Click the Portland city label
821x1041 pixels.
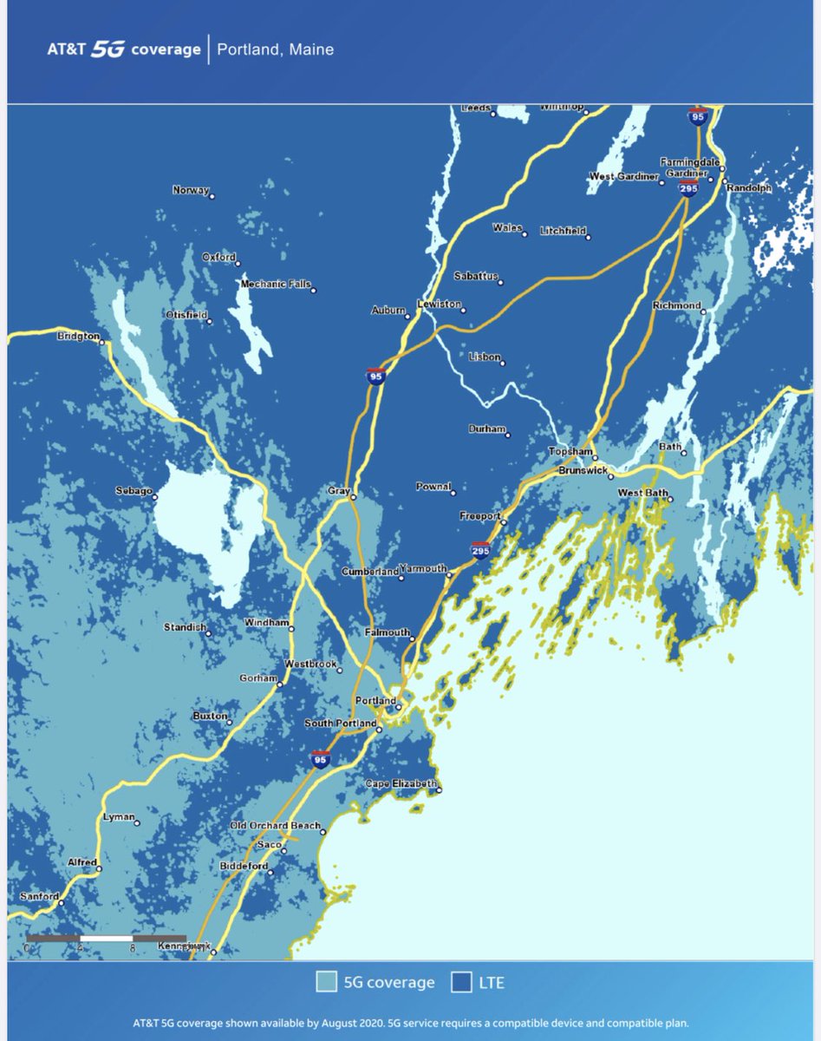[x=375, y=700]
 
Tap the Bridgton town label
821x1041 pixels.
[x=78, y=336]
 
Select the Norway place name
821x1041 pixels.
[x=191, y=190]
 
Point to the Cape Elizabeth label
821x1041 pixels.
[x=400, y=783]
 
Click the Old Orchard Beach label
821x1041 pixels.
[x=274, y=825]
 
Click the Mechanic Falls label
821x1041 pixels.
[x=275, y=285]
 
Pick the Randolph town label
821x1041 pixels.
[x=748, y=187]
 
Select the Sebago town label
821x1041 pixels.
[x=134, y=491]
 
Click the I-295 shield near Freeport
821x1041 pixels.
[x=479, y=550]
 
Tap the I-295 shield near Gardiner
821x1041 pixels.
[x=688, y=188]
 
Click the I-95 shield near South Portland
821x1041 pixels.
[x=321, y=759]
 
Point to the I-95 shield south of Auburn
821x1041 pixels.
[x=375, y=376]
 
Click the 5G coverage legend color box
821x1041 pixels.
[x=326, y=982]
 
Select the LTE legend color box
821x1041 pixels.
[x=461, y=982]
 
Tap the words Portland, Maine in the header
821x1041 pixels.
[x=275, y=49]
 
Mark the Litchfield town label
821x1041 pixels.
[x=562, y=232]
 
